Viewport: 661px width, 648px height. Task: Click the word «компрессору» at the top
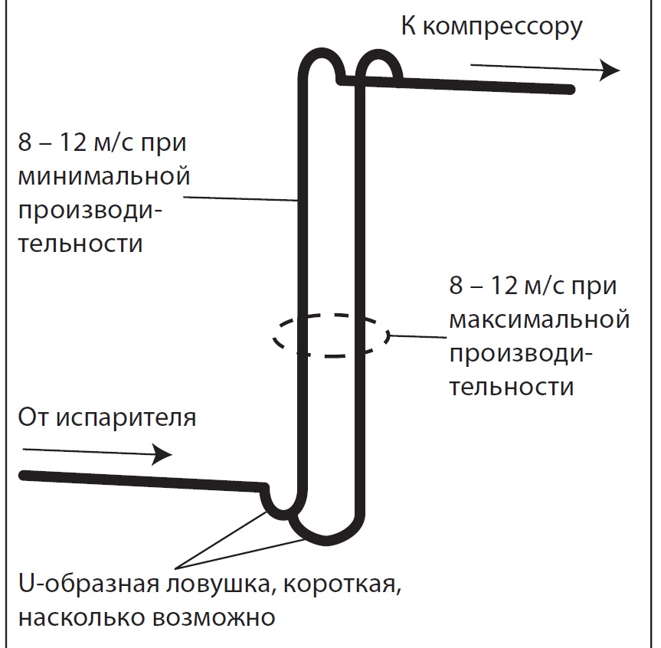click(502, 28)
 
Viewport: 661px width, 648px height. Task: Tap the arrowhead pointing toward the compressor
click(610, 70)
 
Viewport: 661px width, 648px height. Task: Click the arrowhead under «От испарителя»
click(162, 454)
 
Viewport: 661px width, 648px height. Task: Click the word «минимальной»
click(103, 176)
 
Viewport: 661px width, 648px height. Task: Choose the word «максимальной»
click(539, 319)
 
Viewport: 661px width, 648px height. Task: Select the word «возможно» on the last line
click(214, 618)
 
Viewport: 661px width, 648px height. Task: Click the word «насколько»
click(81, 617)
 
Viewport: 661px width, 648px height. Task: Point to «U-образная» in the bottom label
click(89, 584)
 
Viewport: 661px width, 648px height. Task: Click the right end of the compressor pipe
click(571, 90)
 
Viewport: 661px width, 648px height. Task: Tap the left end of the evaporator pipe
click(24, 475)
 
